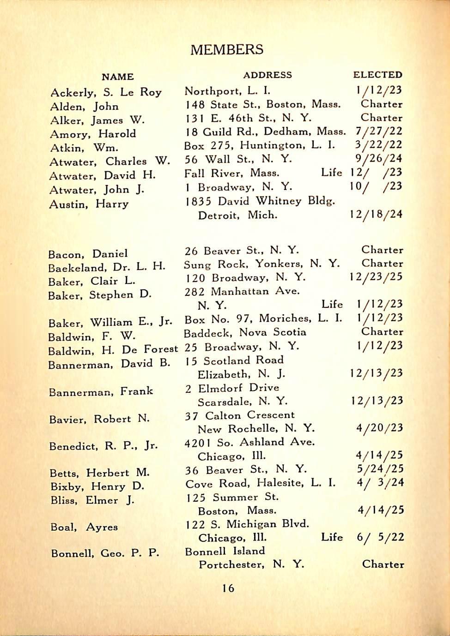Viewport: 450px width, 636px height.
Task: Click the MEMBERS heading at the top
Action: pos(227,49)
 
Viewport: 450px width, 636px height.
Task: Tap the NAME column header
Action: pos(118,77)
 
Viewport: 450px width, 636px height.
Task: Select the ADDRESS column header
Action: pos(268,75)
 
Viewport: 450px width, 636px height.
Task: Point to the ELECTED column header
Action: pos(377,75)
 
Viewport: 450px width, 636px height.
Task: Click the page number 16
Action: pos(228,588)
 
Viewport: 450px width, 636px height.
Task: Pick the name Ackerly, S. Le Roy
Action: pos(106,92)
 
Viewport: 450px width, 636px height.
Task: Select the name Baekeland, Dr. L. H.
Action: pos(107,267)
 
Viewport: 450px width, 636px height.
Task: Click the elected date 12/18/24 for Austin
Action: pos(376,214)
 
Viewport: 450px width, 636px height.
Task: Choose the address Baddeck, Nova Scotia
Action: pos(245,332)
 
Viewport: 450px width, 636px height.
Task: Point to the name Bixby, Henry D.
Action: pos(97,486)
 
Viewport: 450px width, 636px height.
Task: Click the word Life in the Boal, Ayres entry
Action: pos(332,537)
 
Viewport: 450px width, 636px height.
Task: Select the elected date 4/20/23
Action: pos(379,428)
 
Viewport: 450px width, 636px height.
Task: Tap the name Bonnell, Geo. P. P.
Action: pos(105,553)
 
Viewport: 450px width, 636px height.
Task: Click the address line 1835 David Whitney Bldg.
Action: pos(260,201)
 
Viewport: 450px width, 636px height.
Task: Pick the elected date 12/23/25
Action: pos(376,277)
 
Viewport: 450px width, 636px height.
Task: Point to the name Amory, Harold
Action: pos(93,134)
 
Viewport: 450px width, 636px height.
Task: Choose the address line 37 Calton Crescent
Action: pos(240,415)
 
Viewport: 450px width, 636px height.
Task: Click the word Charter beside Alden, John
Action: pos(381,104)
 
